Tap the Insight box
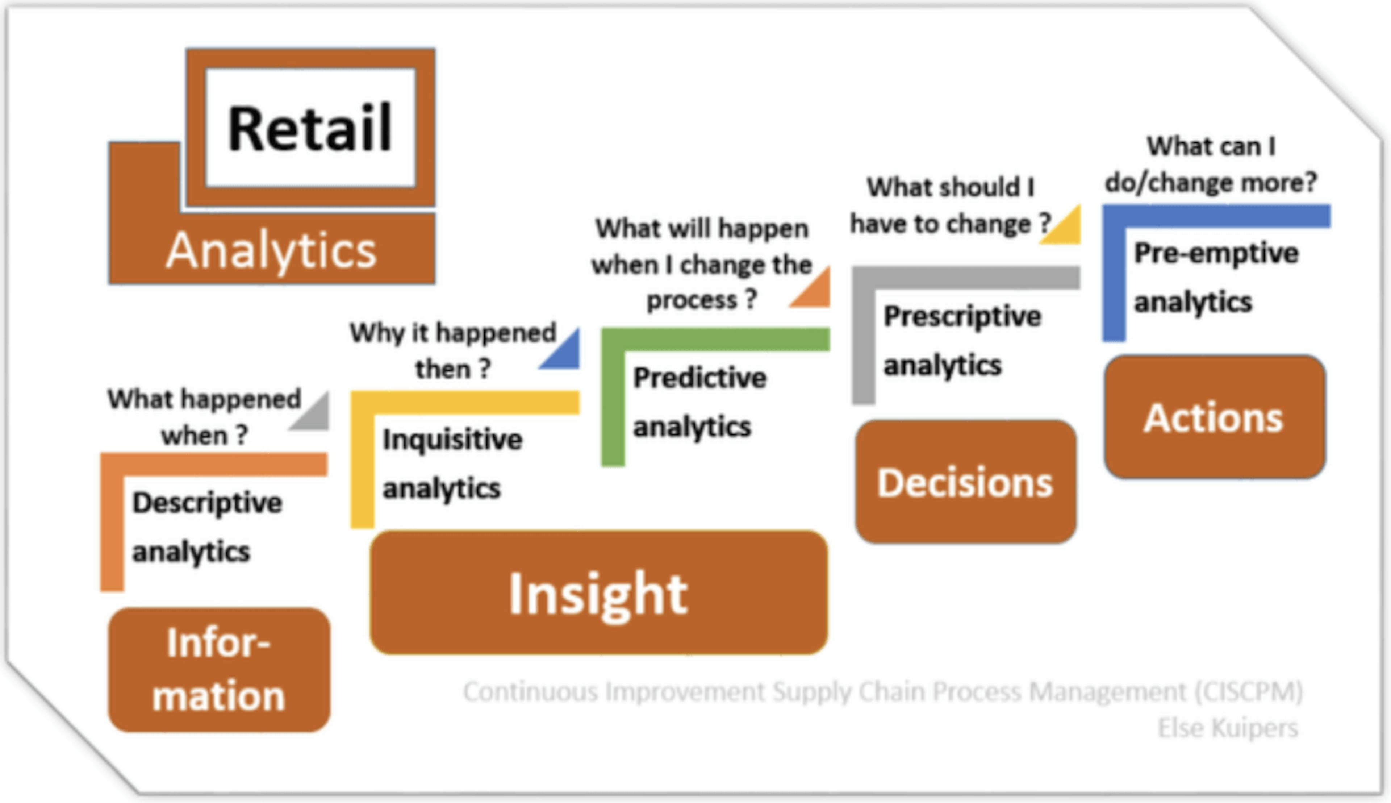tap(599, 592)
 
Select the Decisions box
tap(965, 482)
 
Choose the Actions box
tap(1215, 417)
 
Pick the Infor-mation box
tap(219, 670)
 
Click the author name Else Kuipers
tap(1228, 728)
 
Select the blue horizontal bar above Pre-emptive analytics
tap(1217, 216)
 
